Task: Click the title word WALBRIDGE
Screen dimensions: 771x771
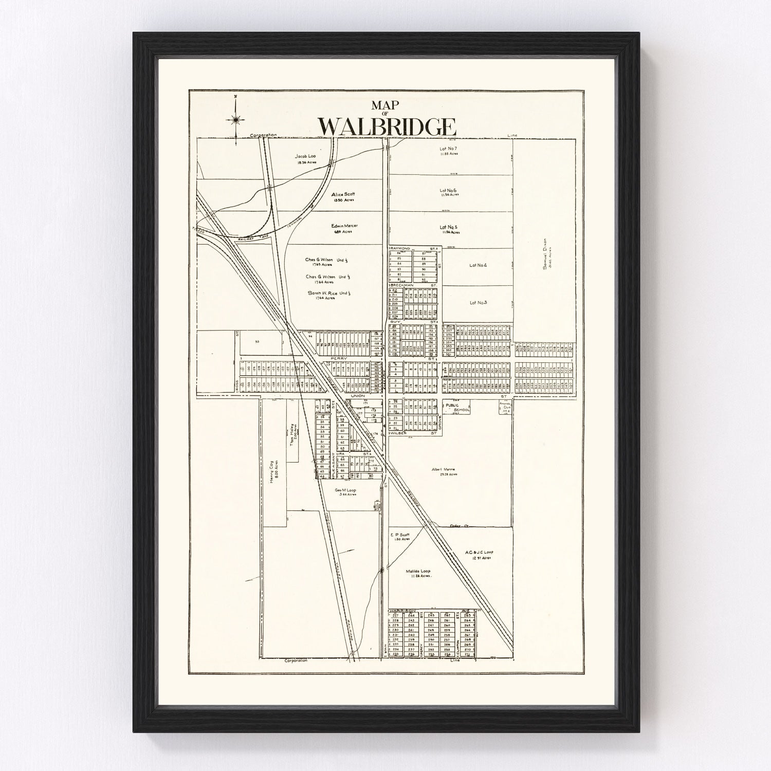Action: [x=387, y=127]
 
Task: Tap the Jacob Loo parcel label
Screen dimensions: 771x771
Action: [x=305, y=156]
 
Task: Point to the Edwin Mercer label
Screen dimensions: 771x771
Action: [x=344, y=225]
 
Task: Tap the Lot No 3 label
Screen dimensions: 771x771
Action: [x=478, y=302]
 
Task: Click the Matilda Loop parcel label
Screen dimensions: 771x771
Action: [x=417, y=571]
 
